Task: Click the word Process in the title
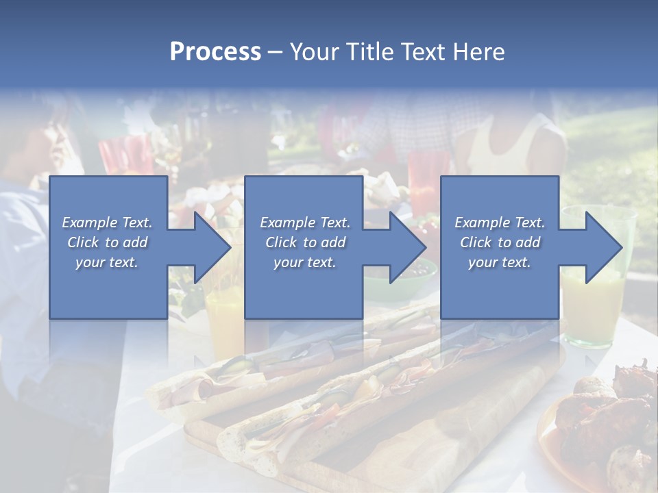(215, 52)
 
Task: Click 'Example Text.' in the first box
(108, 222)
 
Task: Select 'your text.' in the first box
(108, 262)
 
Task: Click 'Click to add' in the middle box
(305, 242)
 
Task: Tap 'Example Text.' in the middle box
(305, 222)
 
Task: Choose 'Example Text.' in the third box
(500, 222)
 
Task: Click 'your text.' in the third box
(500, 262)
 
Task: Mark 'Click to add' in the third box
(500, 242)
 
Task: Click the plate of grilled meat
(603, 425)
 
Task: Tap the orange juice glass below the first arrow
(224, 322)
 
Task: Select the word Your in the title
(312, 52)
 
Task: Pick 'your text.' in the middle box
(305, 262)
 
